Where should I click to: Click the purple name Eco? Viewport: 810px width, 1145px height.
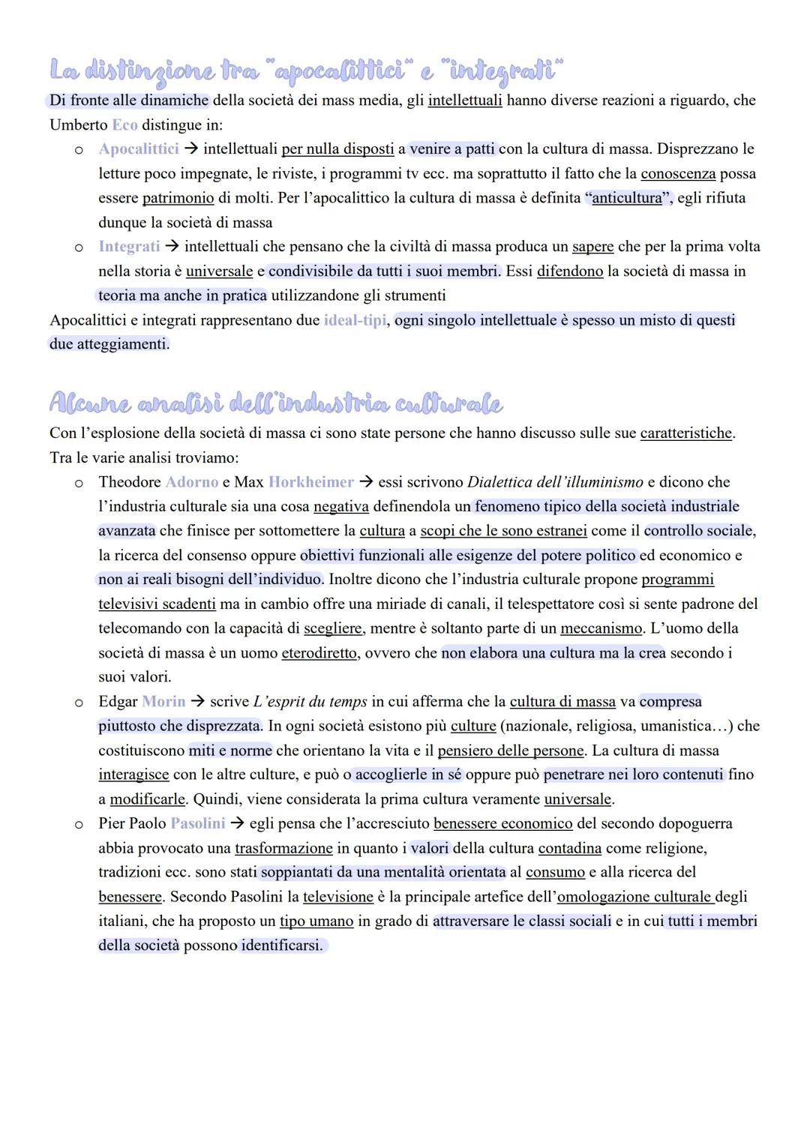click(x=124, y=124)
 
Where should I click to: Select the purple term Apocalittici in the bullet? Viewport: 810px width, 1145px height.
click(x=139, y=149)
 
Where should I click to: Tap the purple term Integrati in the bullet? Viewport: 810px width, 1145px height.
click(x=129, y=247)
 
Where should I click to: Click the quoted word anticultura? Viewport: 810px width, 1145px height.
click(x=627, y=198)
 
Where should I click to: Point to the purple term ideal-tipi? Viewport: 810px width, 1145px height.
click(x=355, y=320)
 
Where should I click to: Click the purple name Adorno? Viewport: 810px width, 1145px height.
click(x=191, y=482)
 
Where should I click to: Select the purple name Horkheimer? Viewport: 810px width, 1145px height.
click(x=310, y=482)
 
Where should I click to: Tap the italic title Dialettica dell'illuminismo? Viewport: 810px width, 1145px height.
click(x=555, y=482)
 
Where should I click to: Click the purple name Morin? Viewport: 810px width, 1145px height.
click(x=163, y=702)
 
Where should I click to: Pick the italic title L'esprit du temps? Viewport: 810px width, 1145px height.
click(x=310, y=702)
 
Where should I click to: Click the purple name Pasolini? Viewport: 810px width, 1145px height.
click(x=198, y=823)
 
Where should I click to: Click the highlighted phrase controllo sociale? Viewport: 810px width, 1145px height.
click(x=698, y=531)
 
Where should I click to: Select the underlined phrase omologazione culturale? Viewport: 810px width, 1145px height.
click(x=635, y=897)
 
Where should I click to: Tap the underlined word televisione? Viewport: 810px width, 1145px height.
click(x=338, y=897)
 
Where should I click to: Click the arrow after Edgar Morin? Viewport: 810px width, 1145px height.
click(x=197, y=702)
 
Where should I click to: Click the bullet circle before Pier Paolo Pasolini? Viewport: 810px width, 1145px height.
click(x=78, y=824)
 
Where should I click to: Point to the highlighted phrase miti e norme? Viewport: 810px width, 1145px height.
click(x=230, y=751)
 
